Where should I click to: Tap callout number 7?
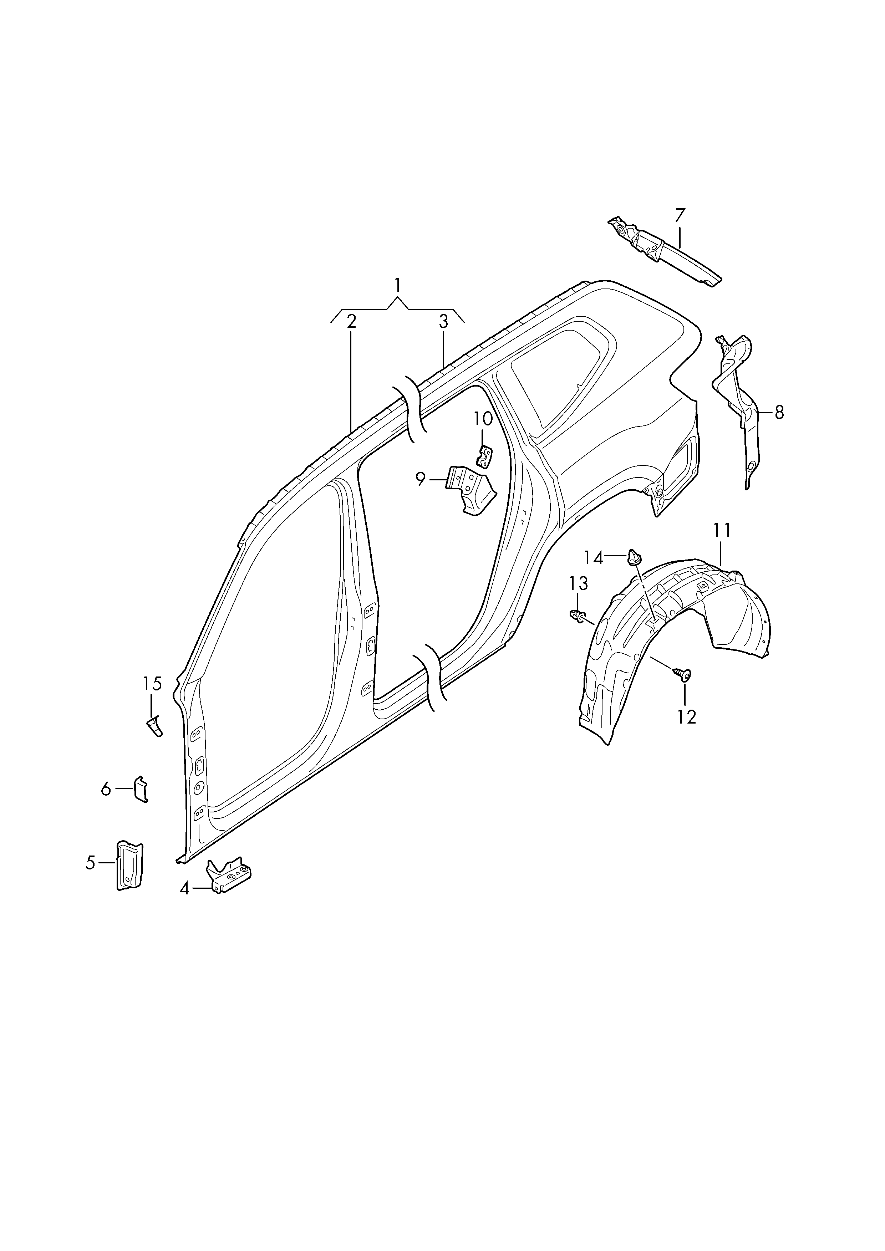679,215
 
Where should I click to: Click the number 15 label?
153,683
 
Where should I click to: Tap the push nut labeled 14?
635,557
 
